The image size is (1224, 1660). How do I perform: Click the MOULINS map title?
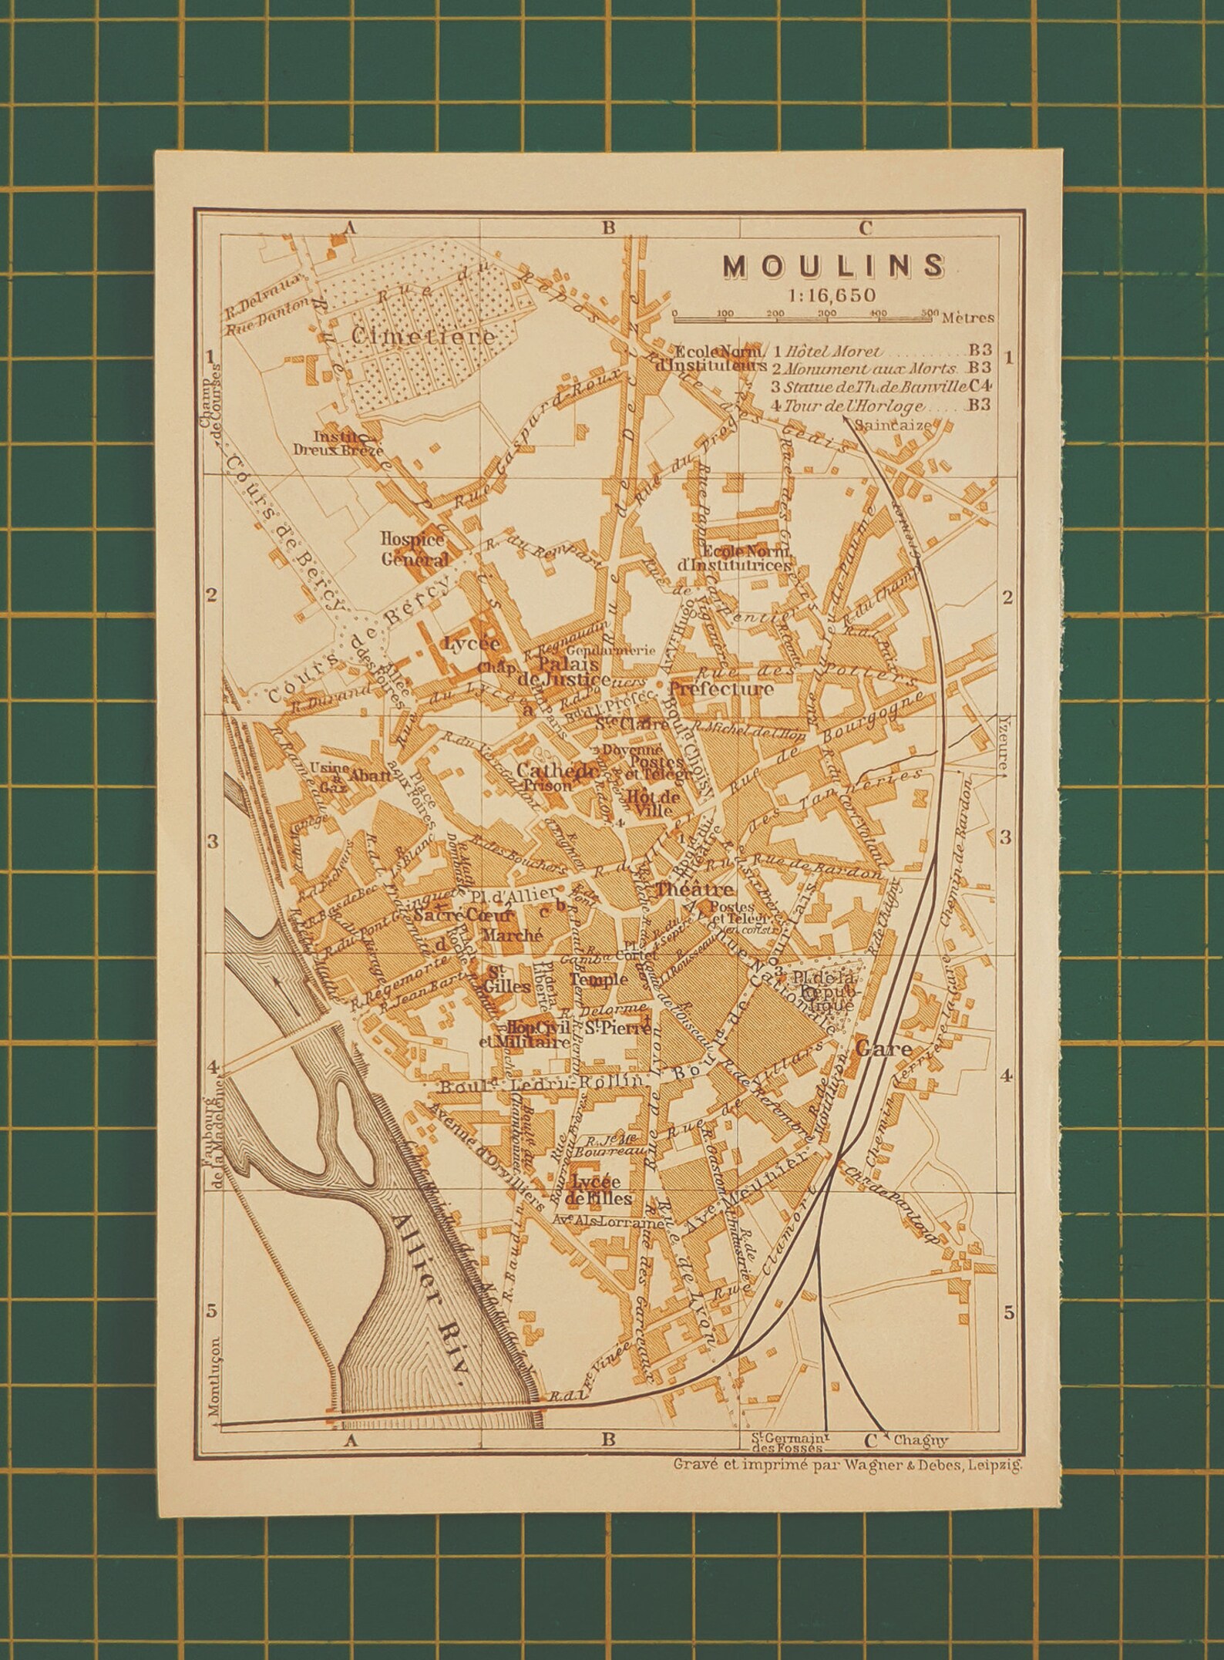tap(833, 266)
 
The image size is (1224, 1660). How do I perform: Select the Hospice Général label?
tap(414, 547)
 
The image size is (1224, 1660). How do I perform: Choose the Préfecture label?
tap(721, 689)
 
